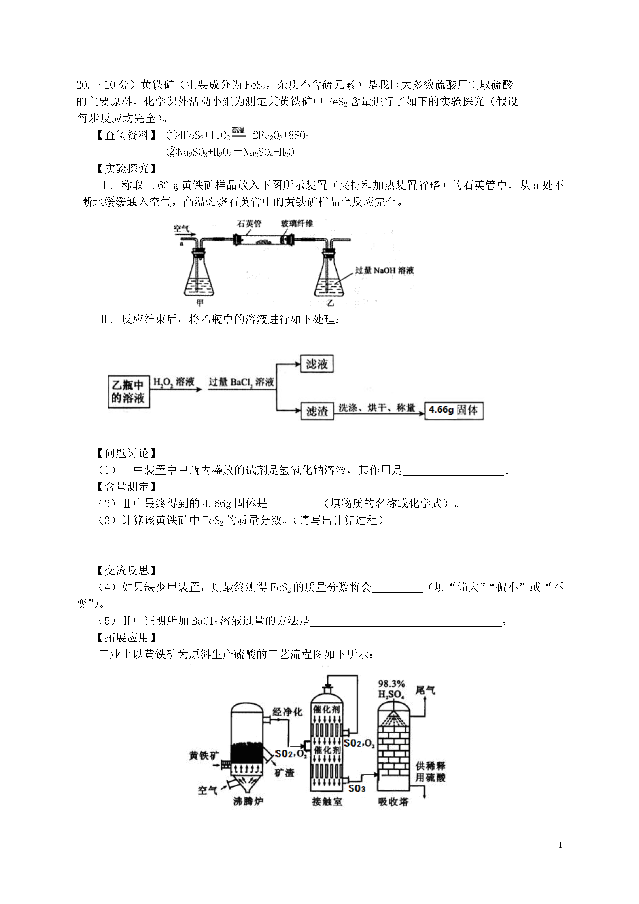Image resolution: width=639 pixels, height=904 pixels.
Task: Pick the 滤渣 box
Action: coord(317,411)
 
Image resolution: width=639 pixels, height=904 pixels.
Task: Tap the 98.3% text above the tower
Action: coord(391,684)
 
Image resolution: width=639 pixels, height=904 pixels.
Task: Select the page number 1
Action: coord(560,856)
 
